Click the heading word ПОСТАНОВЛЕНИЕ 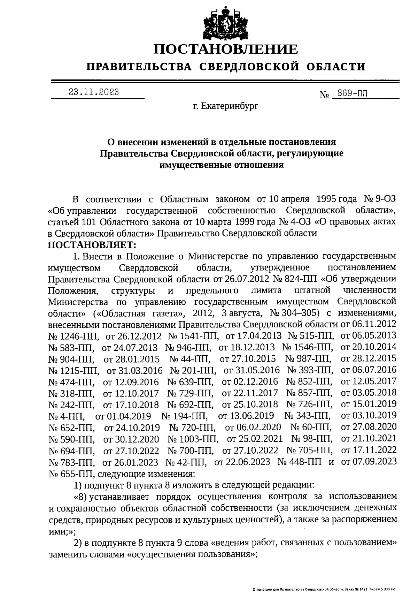(226, 49)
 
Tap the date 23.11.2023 (94, 92)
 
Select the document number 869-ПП (351, 93)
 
